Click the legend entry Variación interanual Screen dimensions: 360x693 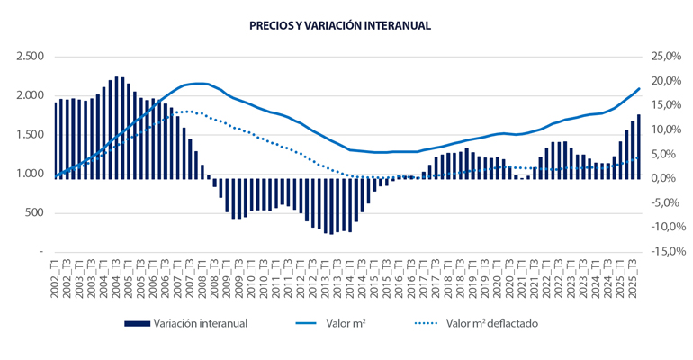point(200,323)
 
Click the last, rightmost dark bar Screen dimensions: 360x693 point(638,147)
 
